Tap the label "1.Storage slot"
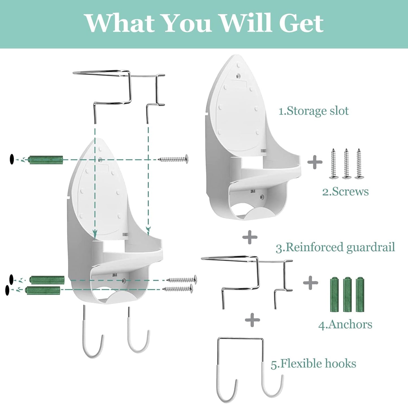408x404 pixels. (x=313, y=111)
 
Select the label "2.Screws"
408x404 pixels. (x=345, y=192)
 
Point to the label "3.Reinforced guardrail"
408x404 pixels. (x=335, y=247)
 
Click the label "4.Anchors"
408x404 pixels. (x=345, y=324)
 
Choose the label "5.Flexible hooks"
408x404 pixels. (x=313, y=364)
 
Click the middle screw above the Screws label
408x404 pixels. (x=346, y=163)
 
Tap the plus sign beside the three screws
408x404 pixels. (x=315, y=162)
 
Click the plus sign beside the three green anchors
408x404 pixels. (x=310, y=283)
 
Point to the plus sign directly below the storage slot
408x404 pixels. (x=250, y=237)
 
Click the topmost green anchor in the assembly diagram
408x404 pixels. (x=46, y=159)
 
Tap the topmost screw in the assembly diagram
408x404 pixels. (x=173, y=159)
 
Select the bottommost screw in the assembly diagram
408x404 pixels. (x=178, y=289)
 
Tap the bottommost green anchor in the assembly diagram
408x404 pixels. (x=43, y=290)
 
